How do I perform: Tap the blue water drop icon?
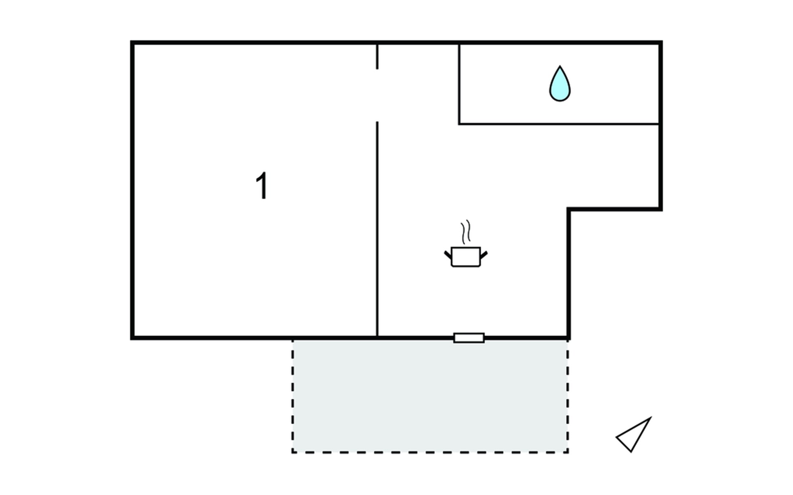(560, 84)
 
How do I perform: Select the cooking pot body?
(466, 257)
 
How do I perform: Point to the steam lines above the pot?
(466, 232)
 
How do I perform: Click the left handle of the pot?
(448, 255)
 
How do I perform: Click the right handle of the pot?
(484, 255)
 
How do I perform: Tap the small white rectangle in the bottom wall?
(469, 338)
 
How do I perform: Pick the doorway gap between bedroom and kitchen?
(377, 95)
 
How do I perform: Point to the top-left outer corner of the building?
(132, 42)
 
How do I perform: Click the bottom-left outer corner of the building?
(132, 338)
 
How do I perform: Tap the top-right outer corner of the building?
(661, 42)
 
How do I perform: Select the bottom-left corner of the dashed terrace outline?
(293, 452)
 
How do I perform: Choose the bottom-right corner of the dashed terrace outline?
(568, 452)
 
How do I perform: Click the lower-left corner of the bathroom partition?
(459, 124)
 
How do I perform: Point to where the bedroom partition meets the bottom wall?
(377, 337)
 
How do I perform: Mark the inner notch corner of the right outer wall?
(569, 209)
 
